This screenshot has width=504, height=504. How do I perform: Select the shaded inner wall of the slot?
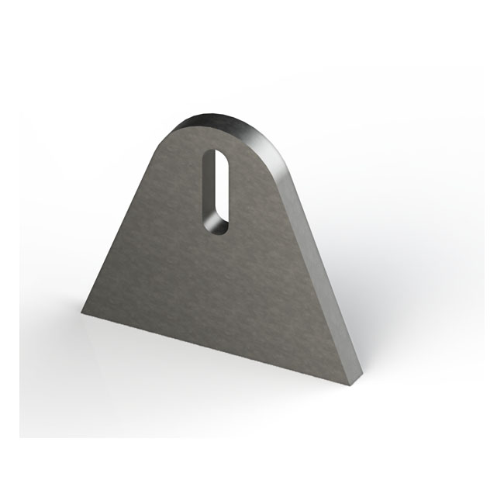(x=210, y=194)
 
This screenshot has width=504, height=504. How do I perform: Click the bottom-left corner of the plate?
(x=83, y=313)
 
